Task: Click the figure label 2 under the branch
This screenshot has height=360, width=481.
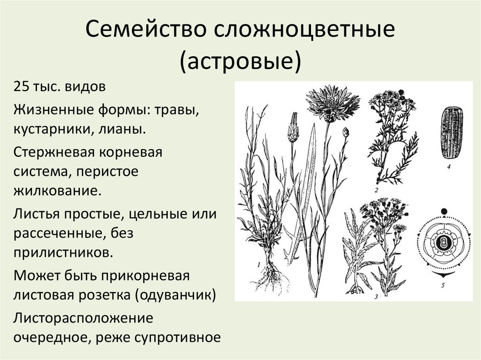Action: (x=376, y=190)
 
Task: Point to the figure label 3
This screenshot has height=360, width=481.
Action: (x=376, y=297)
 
